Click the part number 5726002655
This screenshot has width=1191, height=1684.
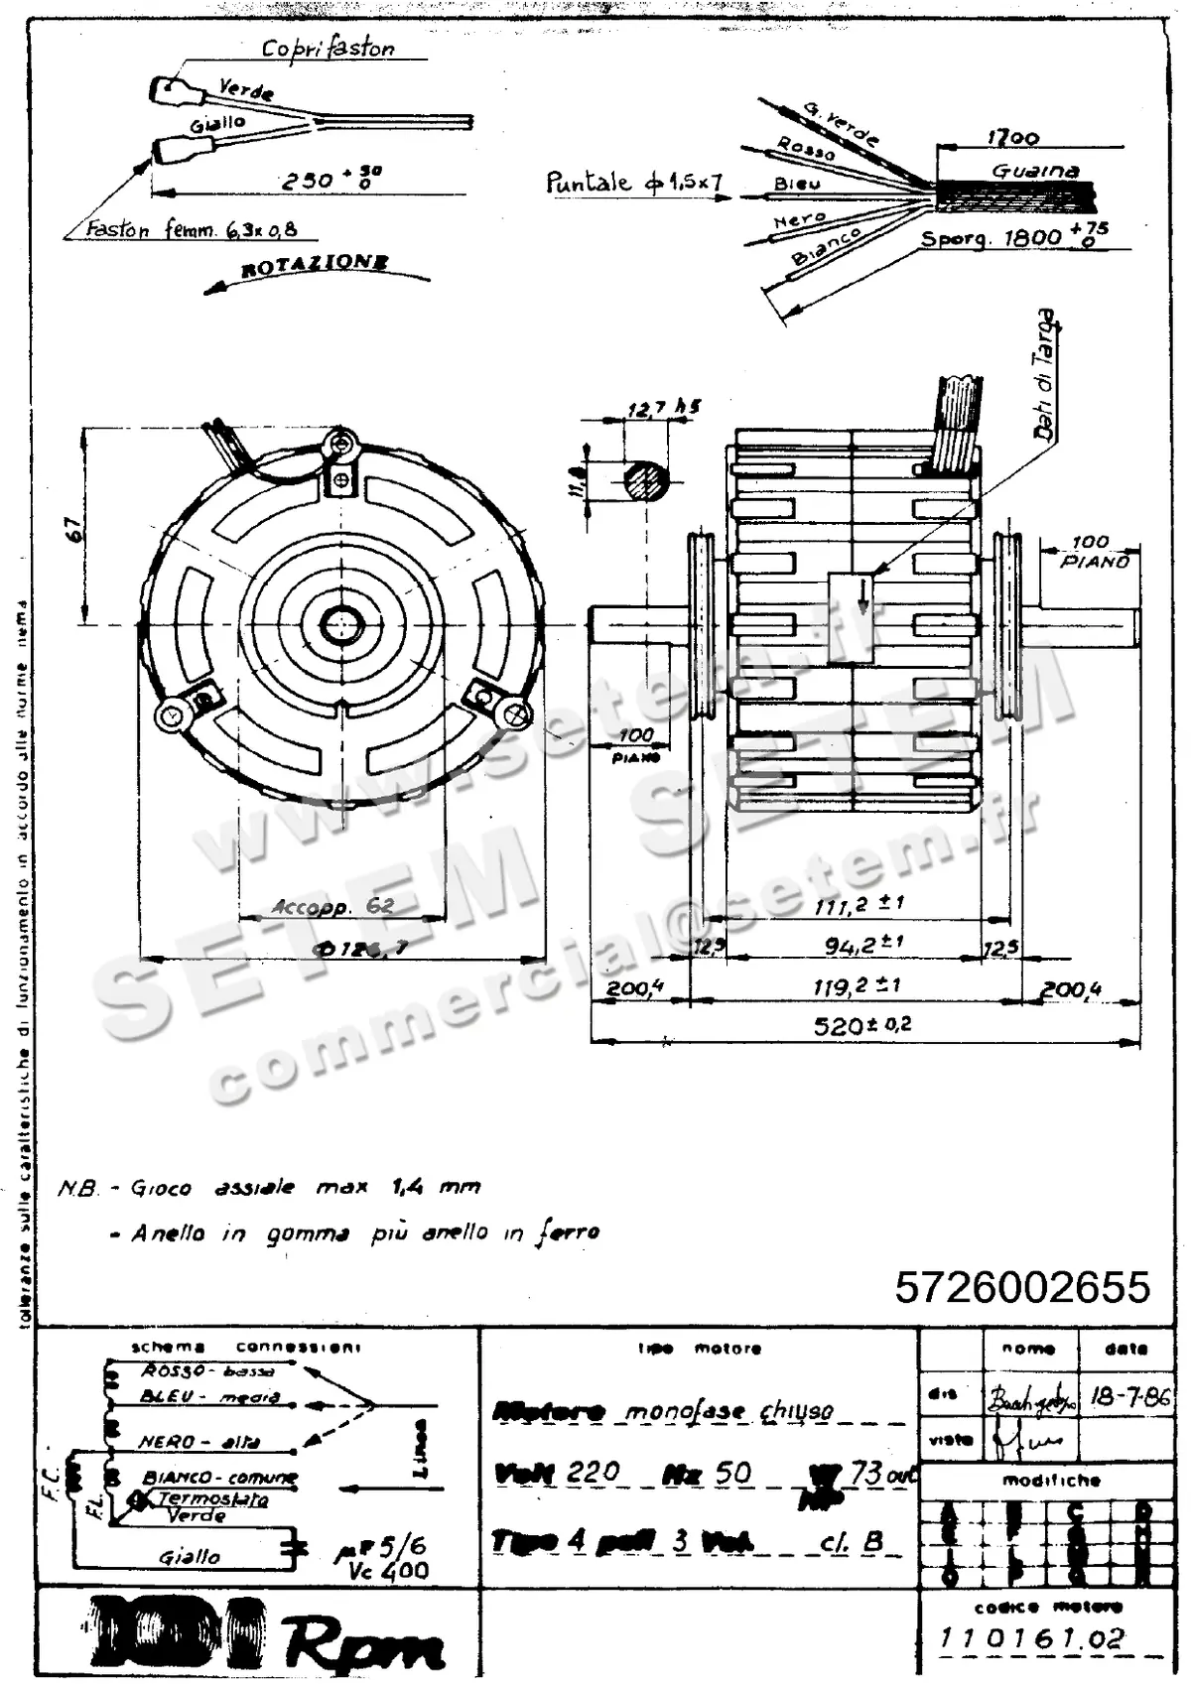click(1022, 1287)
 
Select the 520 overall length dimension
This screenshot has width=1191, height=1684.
click(861, 1025)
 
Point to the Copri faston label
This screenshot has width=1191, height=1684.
click(328, 48)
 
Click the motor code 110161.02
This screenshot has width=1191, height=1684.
click(1032, 1638)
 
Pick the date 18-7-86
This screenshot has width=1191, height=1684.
click(1130, 1397)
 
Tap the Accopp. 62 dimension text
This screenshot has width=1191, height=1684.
click(332, 906)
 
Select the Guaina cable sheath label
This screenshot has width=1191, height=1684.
click(1035, 171)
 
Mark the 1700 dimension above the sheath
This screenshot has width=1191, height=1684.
click(1012, 138)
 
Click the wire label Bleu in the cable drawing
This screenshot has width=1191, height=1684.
click(797, 185)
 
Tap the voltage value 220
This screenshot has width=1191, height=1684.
click(593, 1472)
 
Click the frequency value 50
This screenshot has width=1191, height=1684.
click(733, 1472)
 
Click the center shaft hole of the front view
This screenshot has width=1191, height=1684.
click(342, 624)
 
